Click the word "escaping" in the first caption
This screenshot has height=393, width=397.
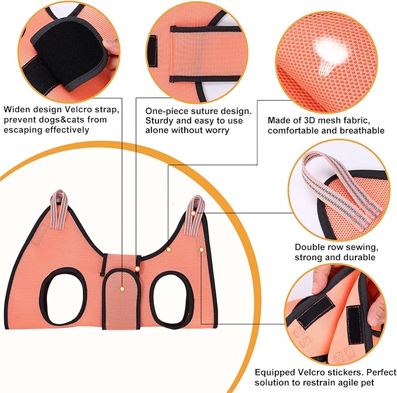(x=24, y=130)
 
